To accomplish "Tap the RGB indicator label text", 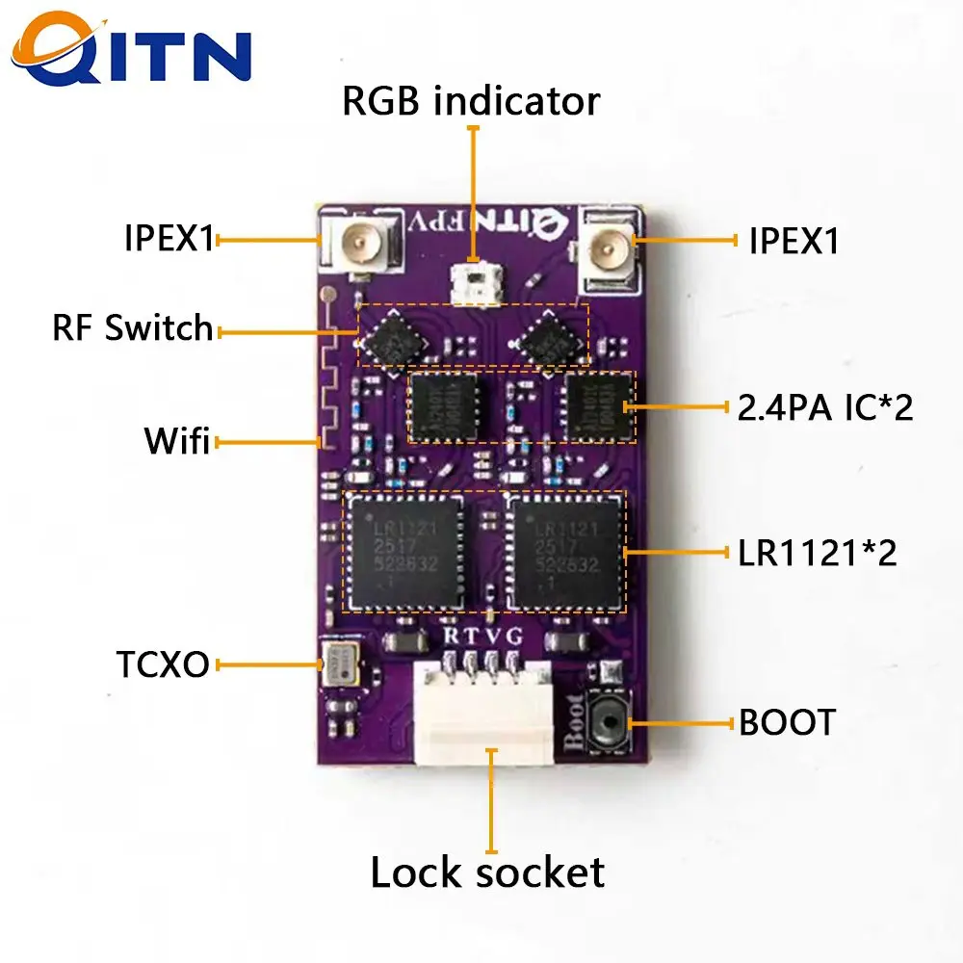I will click(x=471, y=100).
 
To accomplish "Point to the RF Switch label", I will click(x=133, y=327).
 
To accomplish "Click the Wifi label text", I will click(x=176, y=442).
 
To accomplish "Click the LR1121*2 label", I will click(x=818, y=553).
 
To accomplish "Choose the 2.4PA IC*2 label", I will click(x=824, y=407).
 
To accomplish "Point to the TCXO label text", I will click(x=163, y=664).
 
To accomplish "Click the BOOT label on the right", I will click(x=787, y=722).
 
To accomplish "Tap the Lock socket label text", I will click(x=487, y=872).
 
